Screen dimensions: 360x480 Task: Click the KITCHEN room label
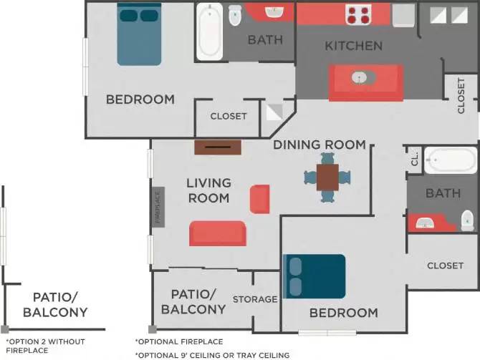[x=353, y=46]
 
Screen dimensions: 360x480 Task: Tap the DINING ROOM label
[x=320, y=145]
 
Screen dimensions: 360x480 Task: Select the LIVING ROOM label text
[x=208, y=190]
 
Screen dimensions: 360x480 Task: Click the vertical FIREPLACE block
[x=158, y=207]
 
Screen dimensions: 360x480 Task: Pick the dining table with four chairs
[x=327, y=177]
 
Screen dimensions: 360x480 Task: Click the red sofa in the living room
[x=217, y=233]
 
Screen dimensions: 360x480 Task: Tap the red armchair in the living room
[x=259, y=198]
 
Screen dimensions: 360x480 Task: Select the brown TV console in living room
[x=218, y=147]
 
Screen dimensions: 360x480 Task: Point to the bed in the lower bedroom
[x=315, y=276]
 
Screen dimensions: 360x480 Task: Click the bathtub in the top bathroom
[x=210, y=31]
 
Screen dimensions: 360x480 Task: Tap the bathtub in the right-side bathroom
[x=449, y=160]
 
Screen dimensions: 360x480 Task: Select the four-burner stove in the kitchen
[x=357, y=14]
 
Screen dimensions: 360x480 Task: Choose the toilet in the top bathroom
[x=234, y=16]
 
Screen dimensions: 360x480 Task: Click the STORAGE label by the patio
[x=255, y=299]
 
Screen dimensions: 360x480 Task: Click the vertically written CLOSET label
[x=461, y=95]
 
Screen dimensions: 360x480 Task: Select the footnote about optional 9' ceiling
[x=212, y=355]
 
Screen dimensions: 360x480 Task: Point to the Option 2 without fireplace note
[x=37, y=346]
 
